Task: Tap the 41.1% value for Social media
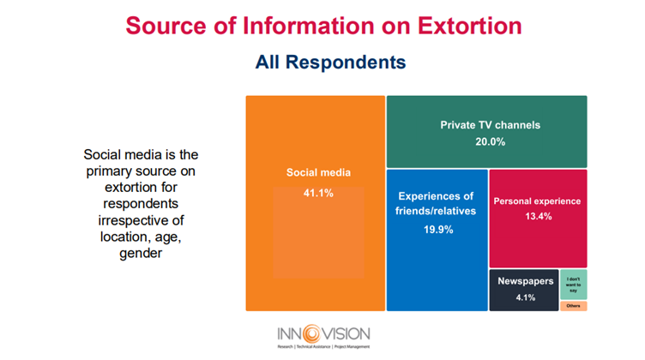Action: click(x=317, y=193)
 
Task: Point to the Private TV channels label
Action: click(x=490, y=124)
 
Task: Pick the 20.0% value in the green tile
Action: click(x=490, y=141)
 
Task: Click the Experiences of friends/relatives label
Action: click(x=436, y=204)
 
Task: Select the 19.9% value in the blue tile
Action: click(x=436, y=230)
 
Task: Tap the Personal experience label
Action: click(x=537, y=201)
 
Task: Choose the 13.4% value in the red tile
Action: click(x=537, y=217)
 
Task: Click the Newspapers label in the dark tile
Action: click(x=525, y=281)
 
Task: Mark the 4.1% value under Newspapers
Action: click(x=525, y=297)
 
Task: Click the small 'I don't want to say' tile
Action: click(x=574, y=284)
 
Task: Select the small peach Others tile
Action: click(x=574, y=305)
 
